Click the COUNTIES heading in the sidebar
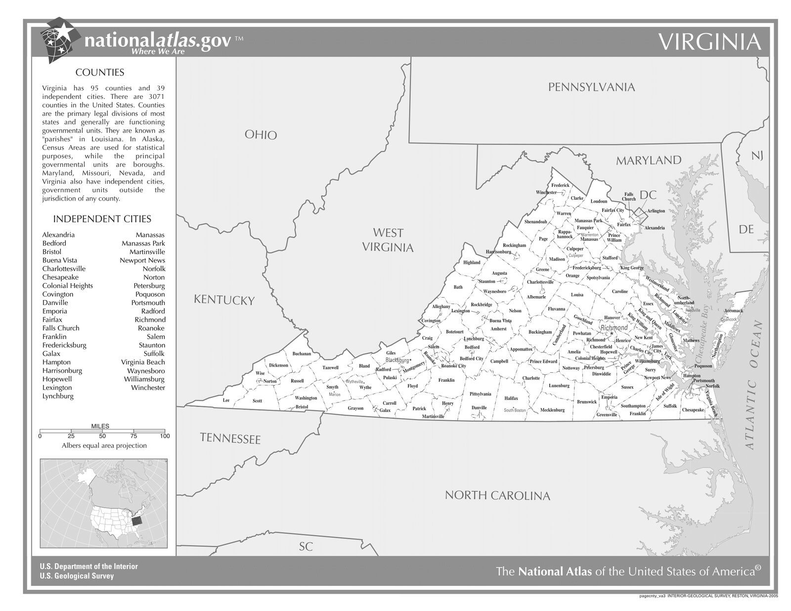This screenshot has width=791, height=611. click(99, 73)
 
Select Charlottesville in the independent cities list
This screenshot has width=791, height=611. click(64, 268)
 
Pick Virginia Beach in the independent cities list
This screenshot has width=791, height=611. click(143, 362)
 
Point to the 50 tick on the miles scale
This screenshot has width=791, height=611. click(102, 436)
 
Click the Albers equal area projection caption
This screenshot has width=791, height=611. click(104, 445)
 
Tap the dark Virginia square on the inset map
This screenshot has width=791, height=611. click(136, 520)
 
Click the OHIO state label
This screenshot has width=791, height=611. click(261, 135)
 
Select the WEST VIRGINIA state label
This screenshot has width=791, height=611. click(388, 240)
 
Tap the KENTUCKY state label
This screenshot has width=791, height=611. click(224, 300)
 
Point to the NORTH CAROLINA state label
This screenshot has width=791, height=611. click(497, 495)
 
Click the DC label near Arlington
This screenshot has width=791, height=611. click(648, 195)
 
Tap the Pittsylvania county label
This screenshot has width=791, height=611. click(480, 394)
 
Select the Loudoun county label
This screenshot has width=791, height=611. click(598, 202)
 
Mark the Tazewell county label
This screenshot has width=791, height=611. click(330, 367)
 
